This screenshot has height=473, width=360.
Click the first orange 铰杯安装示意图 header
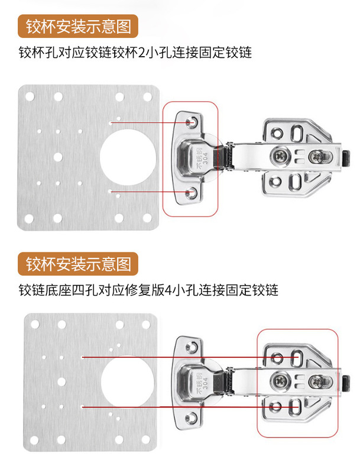click(x=78, y=27)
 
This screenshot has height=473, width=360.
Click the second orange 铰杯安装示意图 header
click(x=78, y=263)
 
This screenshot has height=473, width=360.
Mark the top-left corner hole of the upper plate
click(x=28, y=95)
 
